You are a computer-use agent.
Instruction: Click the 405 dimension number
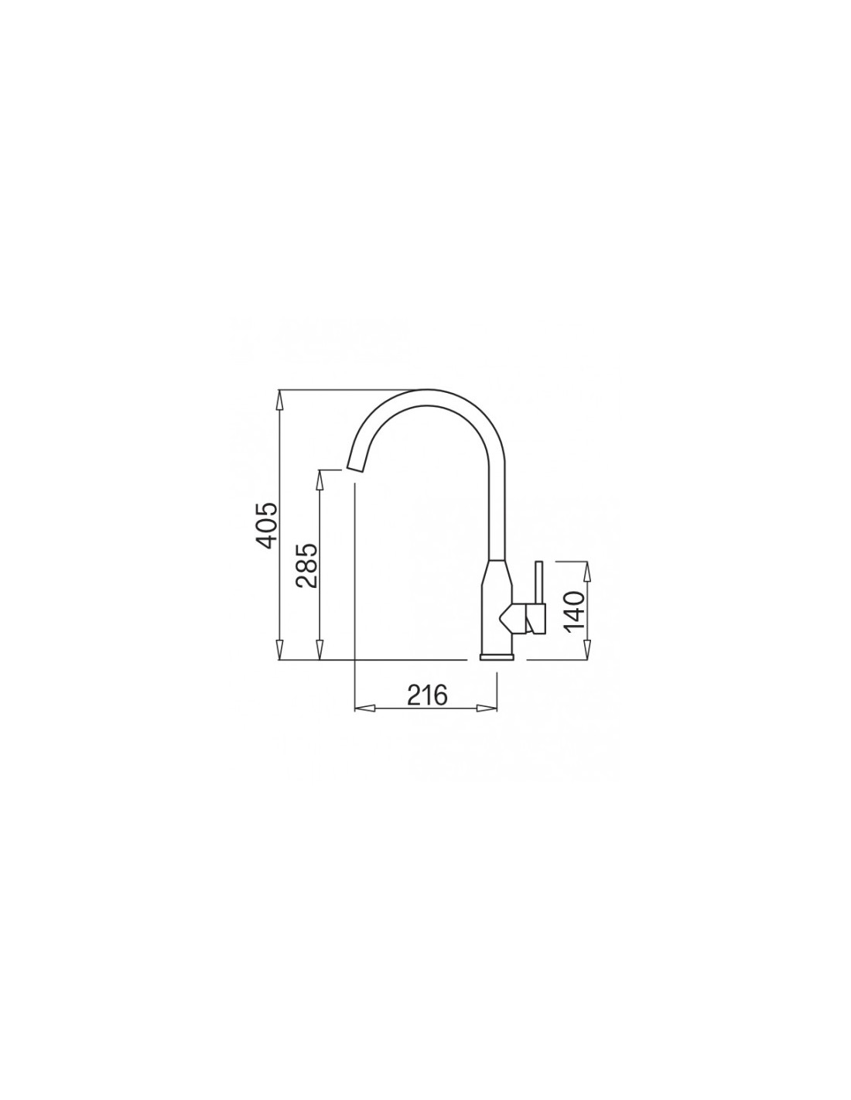pos(266,525)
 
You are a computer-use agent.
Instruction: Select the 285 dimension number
pos(307,565)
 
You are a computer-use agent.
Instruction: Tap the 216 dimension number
pos(428,695)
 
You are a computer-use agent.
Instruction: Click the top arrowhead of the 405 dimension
pos(279,401)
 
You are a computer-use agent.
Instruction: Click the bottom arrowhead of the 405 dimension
pos(279,650)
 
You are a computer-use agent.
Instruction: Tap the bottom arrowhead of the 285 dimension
pos(320,650)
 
